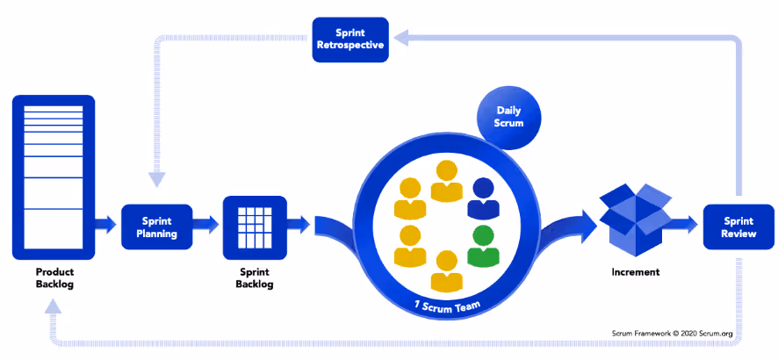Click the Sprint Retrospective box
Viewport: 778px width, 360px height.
[350, 40]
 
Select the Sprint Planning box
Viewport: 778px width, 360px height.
[156, 227]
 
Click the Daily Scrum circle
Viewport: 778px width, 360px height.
[509, 117]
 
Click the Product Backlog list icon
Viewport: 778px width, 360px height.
[53, 175]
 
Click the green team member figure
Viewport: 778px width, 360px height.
[481, 247]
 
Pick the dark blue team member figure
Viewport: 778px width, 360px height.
[483, 199]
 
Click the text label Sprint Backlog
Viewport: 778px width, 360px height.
[255, 278]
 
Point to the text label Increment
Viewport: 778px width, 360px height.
[635, 272]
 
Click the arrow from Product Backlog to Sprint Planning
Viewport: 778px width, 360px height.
[105, 225]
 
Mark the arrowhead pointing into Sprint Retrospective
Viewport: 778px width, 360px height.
[398, 37]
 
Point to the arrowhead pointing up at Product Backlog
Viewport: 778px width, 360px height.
[52, 306]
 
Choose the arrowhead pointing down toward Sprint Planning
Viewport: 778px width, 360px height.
[156, 178]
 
